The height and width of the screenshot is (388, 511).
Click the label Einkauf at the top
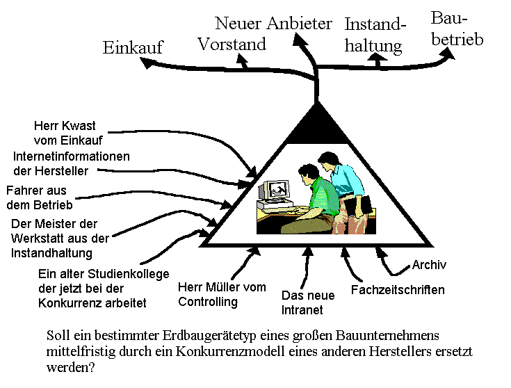click(132, 47)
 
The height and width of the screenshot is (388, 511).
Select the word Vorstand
click(232, 45)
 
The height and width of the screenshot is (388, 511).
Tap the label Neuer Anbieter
click(273, 24)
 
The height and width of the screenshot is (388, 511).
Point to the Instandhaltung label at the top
click(375, 35)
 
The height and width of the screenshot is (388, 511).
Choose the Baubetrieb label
click(456, 29)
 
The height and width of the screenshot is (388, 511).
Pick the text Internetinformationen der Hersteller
click(71, 163)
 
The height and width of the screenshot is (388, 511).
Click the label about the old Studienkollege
click(104, 289)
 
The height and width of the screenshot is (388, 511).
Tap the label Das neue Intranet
click(308, 302)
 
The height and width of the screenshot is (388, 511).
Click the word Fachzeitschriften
click(398, 290)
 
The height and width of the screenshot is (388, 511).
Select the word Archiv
click(429, 265)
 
